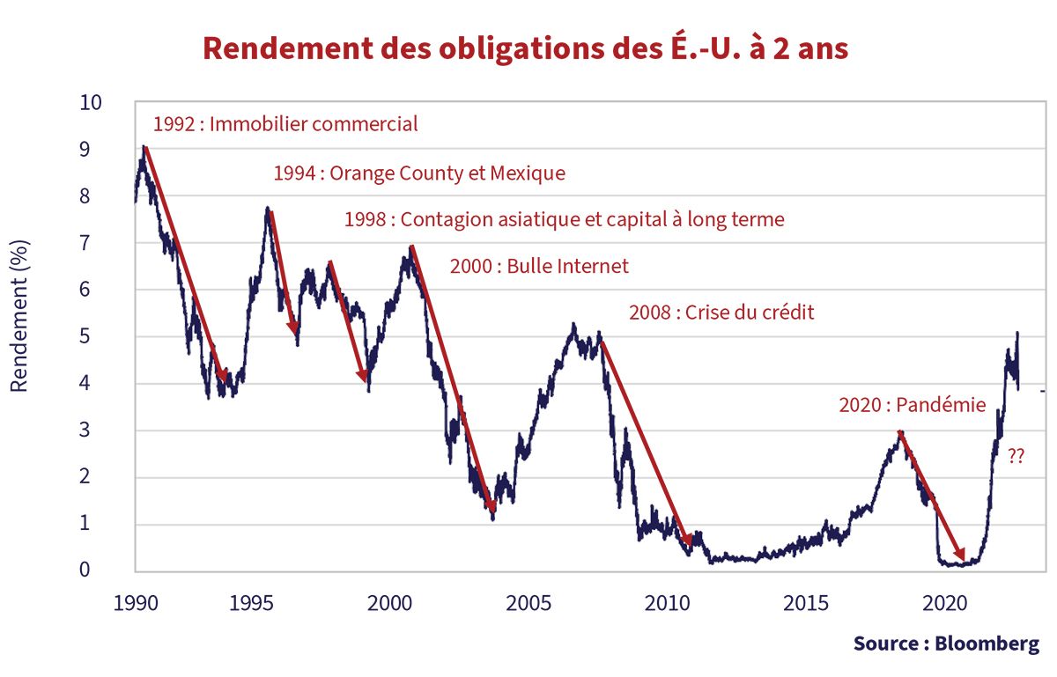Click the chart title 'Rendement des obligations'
[x=525, y=48]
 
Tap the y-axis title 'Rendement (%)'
[x=19, y=315]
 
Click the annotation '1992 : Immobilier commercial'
[x=285, y=124]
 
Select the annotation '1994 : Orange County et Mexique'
[x=419, y=173]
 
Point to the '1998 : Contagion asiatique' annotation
[x=564, y=219]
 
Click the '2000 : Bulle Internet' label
[x=539, y=266]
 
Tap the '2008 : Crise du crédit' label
[x=721, y=313]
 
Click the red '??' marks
[x=1016, y=456]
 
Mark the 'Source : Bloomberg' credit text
[x=946, y=644]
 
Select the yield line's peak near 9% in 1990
[x=143, y=150]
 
